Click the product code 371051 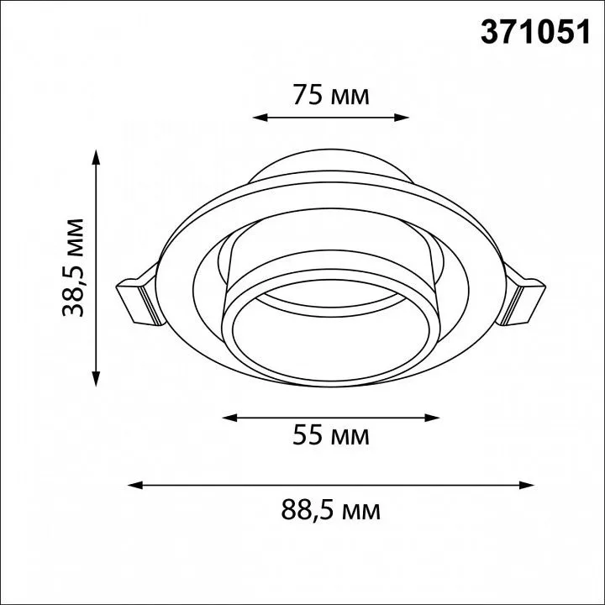point(535,33)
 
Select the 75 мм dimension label point(331,95)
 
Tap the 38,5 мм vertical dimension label point(73,268)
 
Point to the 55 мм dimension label point(331,435)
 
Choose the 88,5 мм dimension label point(331,510)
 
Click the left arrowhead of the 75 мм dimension point(260,118)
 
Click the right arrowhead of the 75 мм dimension point(402,118)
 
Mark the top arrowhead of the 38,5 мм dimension point(96,157)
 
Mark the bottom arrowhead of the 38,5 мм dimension point(96,378)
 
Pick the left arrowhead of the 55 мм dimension point(229,418)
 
